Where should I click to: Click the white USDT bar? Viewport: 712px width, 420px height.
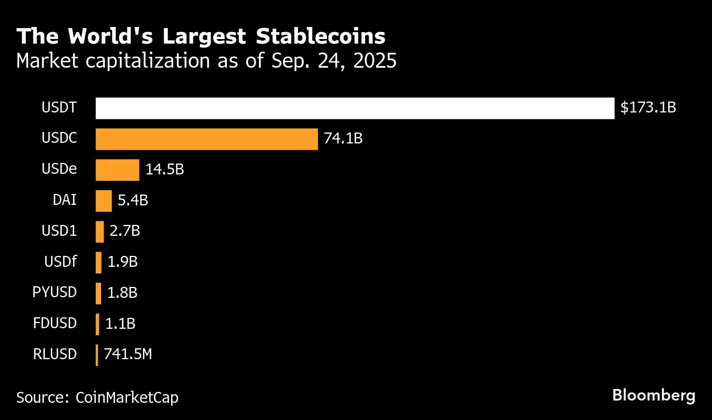pos(355,108)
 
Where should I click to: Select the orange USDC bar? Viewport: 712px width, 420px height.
pos(207,139)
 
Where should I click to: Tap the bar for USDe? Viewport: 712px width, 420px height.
pos(117,170)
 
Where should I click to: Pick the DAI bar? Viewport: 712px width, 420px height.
pos(103,201)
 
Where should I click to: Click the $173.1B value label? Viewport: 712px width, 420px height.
pos(648,108)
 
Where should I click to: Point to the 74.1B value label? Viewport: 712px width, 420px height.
pos(343,138)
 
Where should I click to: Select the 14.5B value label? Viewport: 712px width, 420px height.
pos(165,169)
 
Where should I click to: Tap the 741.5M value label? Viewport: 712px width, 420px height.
pos(128,354)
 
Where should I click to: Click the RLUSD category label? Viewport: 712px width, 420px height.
pos(55,354)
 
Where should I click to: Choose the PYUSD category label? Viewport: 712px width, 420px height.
pos(55,292)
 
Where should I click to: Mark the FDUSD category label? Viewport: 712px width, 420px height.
pos(55,323)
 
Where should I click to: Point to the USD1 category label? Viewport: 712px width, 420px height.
pos(59,231)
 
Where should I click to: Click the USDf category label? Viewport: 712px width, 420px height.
pos(60,262)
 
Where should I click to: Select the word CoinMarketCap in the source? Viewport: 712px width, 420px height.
pos(127,398)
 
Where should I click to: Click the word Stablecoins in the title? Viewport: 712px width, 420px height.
pos(320,36)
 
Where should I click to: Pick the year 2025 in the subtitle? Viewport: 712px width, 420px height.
pos(375,60)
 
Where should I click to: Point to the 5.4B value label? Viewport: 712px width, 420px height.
pos(133,200)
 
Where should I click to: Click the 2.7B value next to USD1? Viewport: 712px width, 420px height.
pos(125,231)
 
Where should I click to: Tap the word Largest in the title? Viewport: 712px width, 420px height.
pos(204,37)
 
